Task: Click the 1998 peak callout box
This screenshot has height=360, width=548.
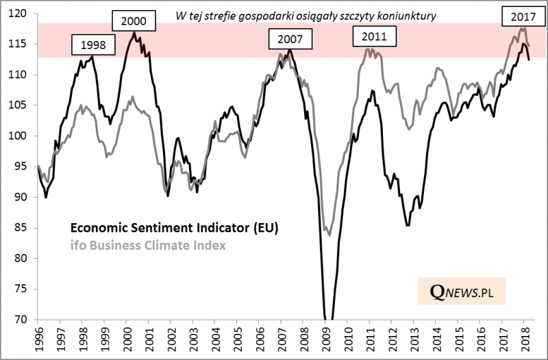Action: [94, 47]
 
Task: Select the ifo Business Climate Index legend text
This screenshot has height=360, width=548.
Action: [146, 244]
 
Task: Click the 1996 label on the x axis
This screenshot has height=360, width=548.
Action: [38, 338]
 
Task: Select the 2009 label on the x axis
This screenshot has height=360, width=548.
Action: [327, 338]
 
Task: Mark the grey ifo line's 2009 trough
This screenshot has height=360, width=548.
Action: [330, 235]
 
